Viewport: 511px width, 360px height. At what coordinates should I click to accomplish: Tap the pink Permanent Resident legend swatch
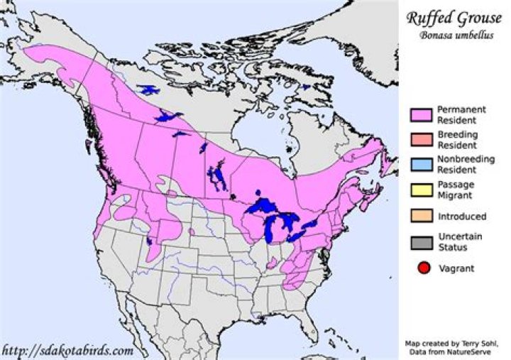point(421,114)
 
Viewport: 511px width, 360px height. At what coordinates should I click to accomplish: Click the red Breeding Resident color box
point(421,139)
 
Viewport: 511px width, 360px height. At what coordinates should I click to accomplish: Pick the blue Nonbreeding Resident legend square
point(421,164)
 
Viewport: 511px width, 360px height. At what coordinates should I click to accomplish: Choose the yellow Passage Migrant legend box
point(421,190)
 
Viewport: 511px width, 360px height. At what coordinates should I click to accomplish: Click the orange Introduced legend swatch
point(421,216)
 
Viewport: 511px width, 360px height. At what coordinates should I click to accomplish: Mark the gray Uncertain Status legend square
point(421,241)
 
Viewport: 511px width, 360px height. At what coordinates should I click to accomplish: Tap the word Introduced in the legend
point(462,216)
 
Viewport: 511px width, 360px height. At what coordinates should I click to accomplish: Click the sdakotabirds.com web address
point(67,350)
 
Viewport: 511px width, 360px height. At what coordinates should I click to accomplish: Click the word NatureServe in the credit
point(482,351)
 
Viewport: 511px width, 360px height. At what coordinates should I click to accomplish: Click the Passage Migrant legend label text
point(457,190)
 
